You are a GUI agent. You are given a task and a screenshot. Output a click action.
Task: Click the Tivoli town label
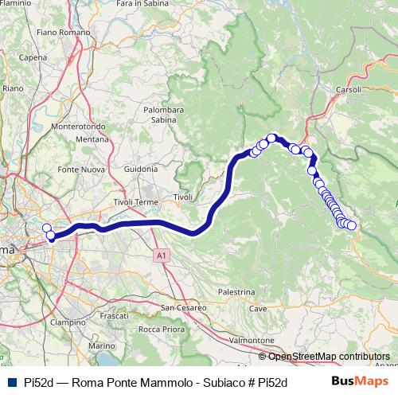pyautogui.click(x=184, y=197)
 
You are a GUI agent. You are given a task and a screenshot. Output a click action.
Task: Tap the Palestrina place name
pyautogui.click(x=235, y=292)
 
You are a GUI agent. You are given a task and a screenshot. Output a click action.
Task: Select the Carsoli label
pyautogui.click(x=349, y=89)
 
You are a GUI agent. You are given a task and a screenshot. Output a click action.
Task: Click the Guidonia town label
pyautogui.click(x=142, y=169)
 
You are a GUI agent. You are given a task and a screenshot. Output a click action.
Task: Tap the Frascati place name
pyautogui.click(x=115, y=316)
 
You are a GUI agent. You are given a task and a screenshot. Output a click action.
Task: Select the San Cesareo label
pyautogui.click(x=184, y=307)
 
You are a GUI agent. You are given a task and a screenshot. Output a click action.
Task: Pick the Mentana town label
pyautogui.click(x=92, y=139)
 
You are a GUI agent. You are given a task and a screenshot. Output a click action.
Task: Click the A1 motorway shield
pyautogui.click(x=161, y=256)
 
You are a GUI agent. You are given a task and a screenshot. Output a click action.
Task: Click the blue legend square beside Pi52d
pyautogui.click(x=11, y=382)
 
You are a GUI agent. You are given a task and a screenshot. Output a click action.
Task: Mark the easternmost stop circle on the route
pyautogui.click(x=351, y=225)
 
